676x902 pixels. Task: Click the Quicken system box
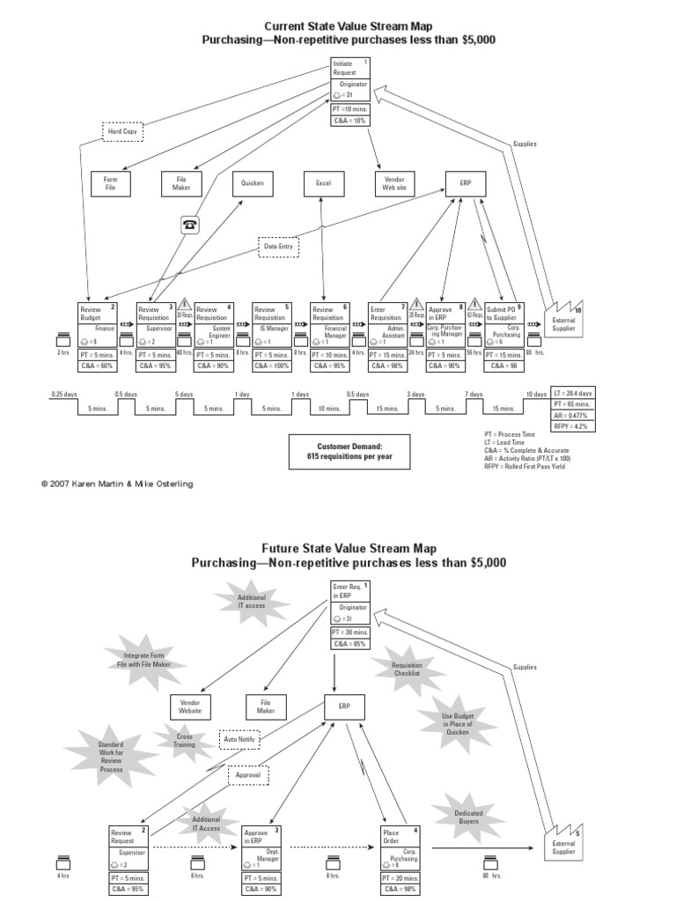[x=253, y=183]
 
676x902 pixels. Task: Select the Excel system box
[x=323, y=183]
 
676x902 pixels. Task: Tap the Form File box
[x=111, y=183]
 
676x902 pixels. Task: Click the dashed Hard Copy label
[x=122, y=131]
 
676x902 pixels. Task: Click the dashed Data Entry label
[x=280, y=248]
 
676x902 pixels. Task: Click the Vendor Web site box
[x=393, y=183]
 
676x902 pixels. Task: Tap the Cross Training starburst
[x=183, y=740]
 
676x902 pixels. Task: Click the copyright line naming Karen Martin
[x=117, y=484]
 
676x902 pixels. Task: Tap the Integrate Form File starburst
[x=144, y=661]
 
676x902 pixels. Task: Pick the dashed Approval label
[x=249, y=775]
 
